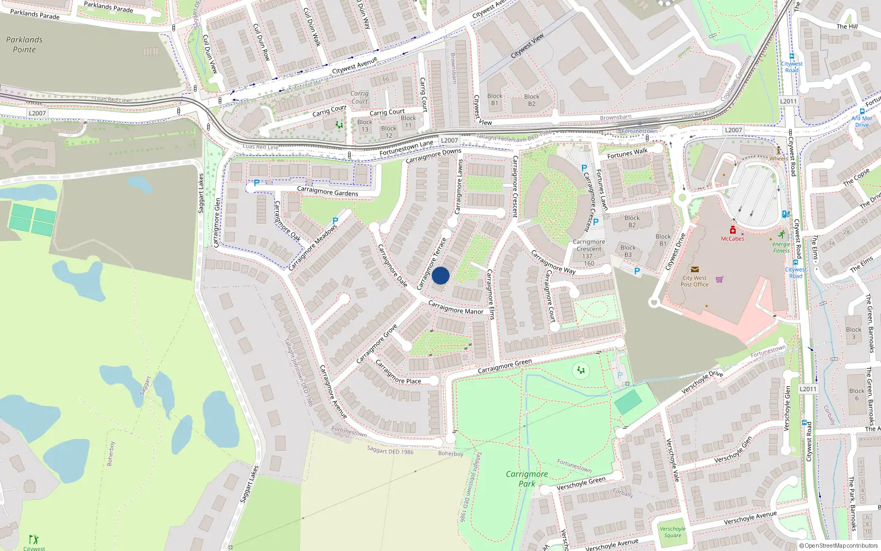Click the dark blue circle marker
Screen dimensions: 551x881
(440, 275)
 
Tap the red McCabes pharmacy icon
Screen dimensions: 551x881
(732, 230)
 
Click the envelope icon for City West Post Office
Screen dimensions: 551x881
(694, 269)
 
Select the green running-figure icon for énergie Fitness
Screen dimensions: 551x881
(781, 235)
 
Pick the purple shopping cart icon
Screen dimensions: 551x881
(719, 279)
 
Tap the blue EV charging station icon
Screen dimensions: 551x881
(786, 214)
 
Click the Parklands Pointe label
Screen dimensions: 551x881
(24, 45)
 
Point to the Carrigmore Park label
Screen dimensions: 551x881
(527, 478)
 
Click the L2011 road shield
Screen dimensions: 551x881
(788, 101)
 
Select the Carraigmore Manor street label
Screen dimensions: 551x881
(455, 307)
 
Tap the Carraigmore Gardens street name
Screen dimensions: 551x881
(328, 191)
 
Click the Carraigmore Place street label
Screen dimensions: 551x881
(398, 373)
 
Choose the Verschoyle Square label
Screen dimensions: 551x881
(672, 532)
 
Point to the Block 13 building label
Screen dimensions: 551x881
(365, 126)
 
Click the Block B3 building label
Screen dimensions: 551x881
(628, 251)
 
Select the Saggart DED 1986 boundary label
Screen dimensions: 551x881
(390, 451)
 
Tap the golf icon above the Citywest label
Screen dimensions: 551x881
(34, 539)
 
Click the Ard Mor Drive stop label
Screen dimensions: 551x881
(862, 121)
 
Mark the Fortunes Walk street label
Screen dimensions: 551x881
(627, 153)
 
